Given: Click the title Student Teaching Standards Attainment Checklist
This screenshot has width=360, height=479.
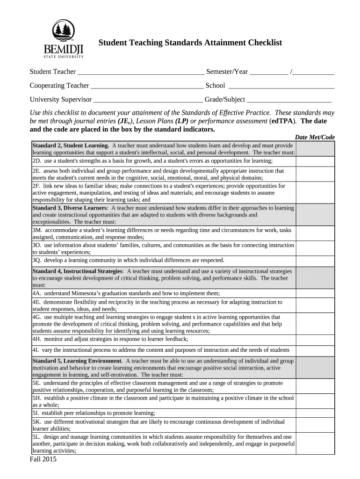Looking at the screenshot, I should tap(190, 43).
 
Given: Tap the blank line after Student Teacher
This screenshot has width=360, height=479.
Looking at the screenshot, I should tap(140, 73).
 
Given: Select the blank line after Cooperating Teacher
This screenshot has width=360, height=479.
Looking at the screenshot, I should tap(147, 86).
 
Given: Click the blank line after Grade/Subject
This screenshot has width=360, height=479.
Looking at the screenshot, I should tap(289, 100).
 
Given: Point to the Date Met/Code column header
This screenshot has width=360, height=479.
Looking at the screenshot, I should tap(315, 137).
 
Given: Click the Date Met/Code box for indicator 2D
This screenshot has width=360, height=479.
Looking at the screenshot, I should tap(316, 161).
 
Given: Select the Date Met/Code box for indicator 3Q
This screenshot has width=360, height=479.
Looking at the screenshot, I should tap(316, 261).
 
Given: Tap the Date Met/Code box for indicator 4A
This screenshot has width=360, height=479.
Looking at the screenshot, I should tap(316, 293).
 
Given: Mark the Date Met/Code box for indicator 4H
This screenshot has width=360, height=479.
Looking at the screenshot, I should tap(316, 339).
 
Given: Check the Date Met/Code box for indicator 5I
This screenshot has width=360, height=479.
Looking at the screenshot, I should tap(316, 413).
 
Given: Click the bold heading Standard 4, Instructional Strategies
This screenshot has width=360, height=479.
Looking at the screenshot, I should tap(78, 271).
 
